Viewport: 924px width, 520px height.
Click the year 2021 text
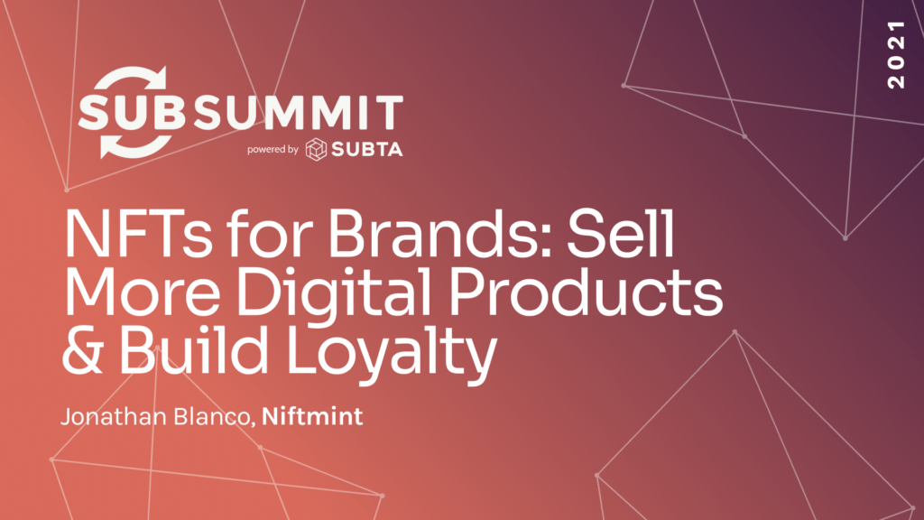[896, 54]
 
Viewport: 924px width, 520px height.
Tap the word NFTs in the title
[138, 234]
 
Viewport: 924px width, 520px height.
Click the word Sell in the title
[621, 234]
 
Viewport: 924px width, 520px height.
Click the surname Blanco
[213, 417]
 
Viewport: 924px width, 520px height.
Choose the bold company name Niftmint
[311, 416]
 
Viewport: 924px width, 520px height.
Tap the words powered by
[273, 150]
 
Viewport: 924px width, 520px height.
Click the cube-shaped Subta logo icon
[316, 150]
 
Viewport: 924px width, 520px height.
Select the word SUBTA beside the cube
[367, 150]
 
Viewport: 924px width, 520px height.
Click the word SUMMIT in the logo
[299, 113]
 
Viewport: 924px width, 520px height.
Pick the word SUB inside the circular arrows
[132, 113]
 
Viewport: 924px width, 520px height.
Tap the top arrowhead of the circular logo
[156, 78]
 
